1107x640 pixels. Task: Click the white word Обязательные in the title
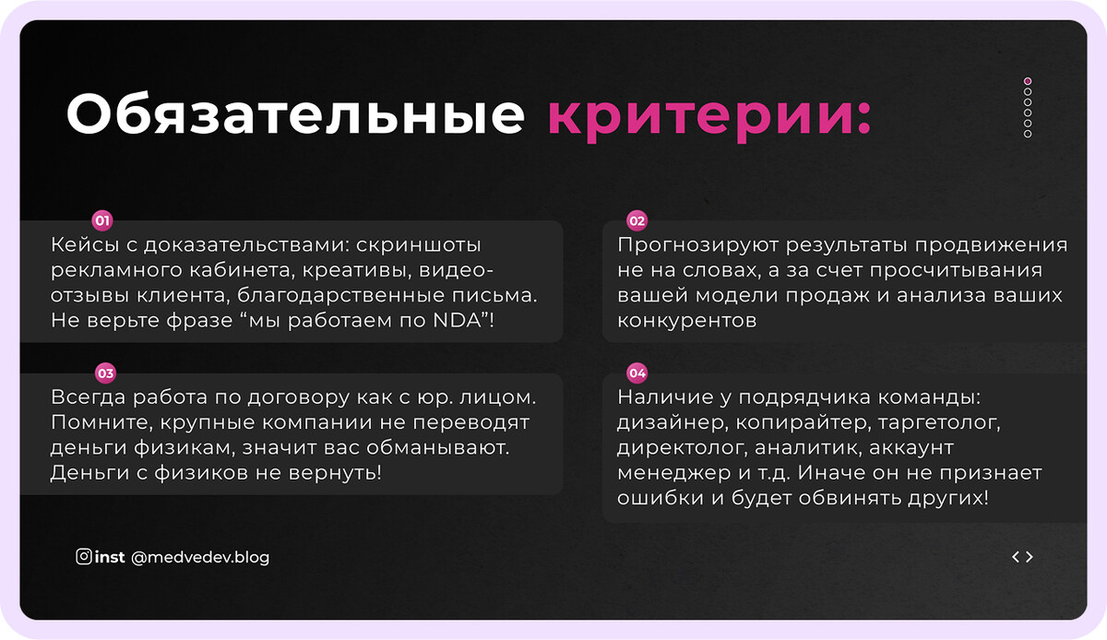click(295, 113)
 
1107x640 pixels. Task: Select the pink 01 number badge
click(102, 220)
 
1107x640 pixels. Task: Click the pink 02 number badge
click(637, 220)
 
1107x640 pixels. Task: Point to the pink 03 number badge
click(105, 373)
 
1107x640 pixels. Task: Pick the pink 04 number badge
click(637, 373)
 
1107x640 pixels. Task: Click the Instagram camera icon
click(84, 556)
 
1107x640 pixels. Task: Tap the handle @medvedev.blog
click(200, 558)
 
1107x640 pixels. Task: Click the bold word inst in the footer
click(110, 557)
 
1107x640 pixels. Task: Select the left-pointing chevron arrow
click(1015, 557)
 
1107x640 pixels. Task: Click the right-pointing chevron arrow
click(1030, 557)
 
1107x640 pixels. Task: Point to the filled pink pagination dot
click(1028, 81)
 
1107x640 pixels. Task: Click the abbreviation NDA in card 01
click(458, 320)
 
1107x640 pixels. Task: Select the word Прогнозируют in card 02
click(697, 245)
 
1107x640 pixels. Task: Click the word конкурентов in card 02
click(687, 321)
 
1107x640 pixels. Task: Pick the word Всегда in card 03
click(89, 397)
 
